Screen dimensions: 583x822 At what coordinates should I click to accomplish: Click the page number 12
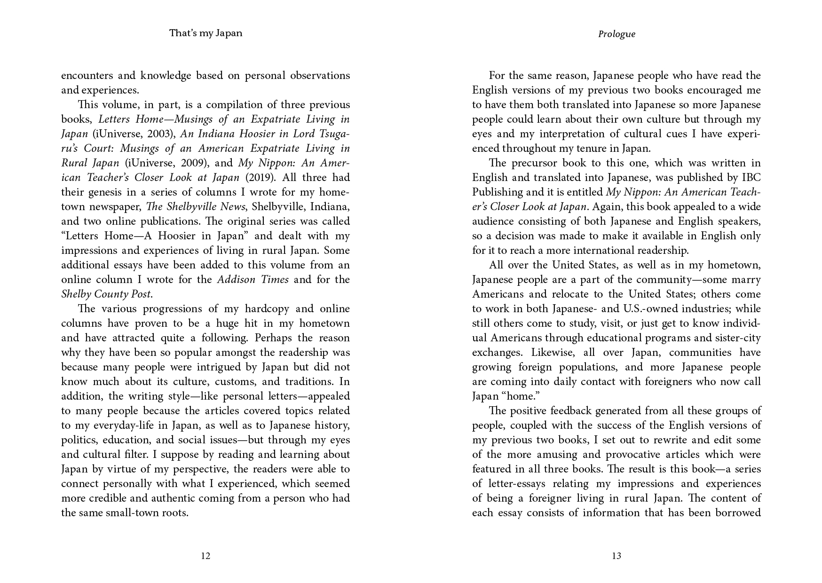[205, 556]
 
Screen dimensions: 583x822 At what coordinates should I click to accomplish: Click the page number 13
[616, 556]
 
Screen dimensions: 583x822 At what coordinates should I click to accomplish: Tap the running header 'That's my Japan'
[205, 33]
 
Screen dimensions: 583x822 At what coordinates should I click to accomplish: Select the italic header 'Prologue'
[616, 34]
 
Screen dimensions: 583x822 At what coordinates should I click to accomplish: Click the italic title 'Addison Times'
[253, 280]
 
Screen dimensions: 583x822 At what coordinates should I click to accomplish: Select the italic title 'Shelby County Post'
[106, 294]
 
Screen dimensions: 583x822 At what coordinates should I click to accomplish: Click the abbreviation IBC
[751, 178]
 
